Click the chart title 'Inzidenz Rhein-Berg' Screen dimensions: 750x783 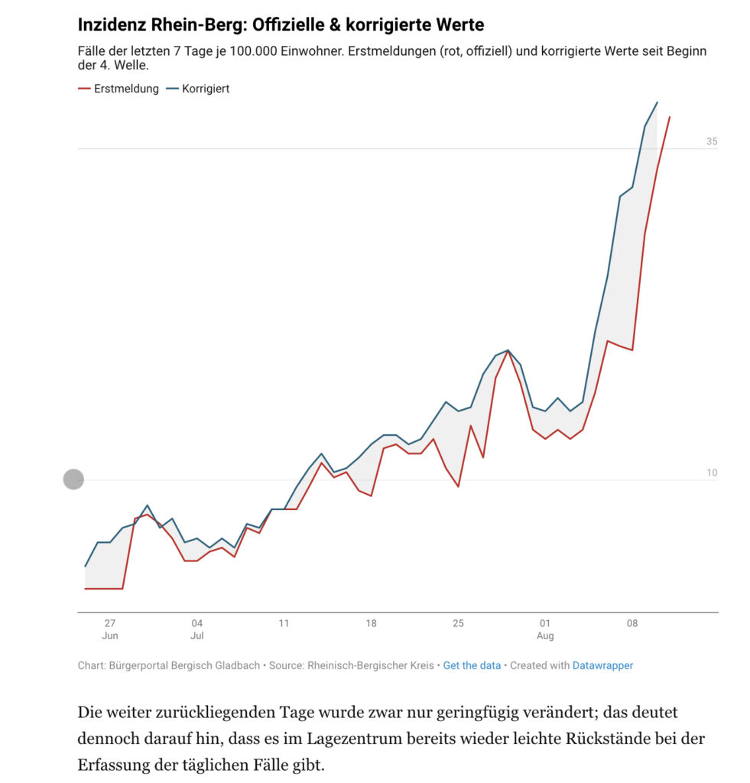[x=162, y=24]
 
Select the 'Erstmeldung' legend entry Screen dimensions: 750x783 [x=119, y=89]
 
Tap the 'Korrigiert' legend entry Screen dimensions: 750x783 [x=198, y=89]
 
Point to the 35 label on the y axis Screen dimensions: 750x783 [x=712, y=141]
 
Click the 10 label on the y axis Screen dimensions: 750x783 [x=712, y=473]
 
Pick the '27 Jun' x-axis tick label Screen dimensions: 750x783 [x=110, y=629]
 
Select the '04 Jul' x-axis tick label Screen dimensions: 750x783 [x=197, y=629]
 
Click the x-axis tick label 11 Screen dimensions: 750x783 [x=284, y=623]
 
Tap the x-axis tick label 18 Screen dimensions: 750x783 [x=371, y=623]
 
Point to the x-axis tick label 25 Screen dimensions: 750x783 [x=458, y=623]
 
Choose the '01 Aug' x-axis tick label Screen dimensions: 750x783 [x=545, y=629]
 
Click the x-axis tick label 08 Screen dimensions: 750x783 [x=632, y=623]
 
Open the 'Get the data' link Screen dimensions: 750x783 [x=472, y=666]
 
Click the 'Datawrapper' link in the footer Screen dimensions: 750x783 [x=602, y=666]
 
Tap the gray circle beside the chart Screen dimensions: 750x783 [x=73, y=479]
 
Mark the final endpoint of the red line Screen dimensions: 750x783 [x=670, y=117]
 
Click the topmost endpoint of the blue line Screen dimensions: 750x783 [x=657, y=102]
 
